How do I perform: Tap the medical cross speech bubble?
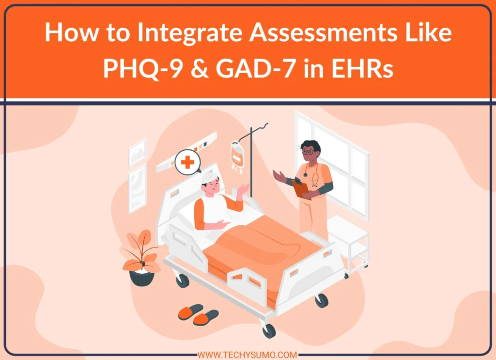[x=187, y=162]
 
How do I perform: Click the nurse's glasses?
[x=308, y=152]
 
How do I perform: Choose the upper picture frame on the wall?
[x=138, y=152]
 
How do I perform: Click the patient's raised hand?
[x=244, y=188]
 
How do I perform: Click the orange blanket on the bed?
[x=262, y=247]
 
